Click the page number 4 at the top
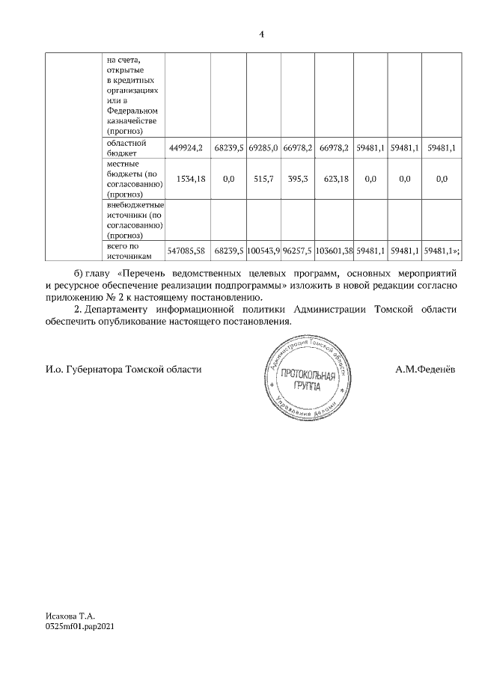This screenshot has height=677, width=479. [261, 34]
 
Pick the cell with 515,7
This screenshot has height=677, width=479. [263, 179]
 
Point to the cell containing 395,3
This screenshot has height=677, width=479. [298, 179]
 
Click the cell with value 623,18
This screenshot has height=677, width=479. [334, 179]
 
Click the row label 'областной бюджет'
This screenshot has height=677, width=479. [125, 147]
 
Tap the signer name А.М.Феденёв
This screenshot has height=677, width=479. [424, 370]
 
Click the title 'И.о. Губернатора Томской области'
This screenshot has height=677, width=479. [123, 370]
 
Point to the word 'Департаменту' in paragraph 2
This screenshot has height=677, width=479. [122, 309]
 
